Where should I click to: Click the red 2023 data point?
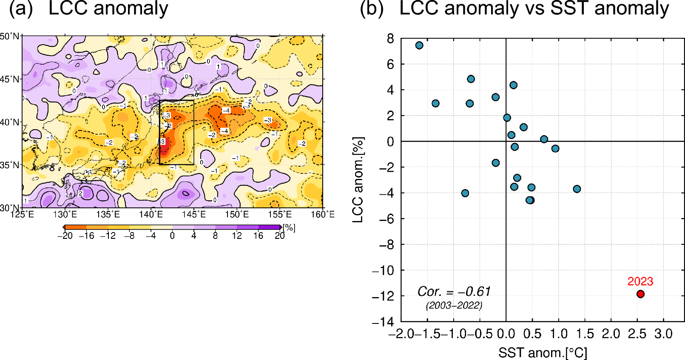pos(640,294)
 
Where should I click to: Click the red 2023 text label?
pos(640,281)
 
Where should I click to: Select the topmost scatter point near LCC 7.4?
pos(419,45)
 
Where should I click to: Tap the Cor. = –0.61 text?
pos(454,292)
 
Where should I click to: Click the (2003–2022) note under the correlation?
pos(454,305)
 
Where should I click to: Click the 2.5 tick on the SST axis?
pos(637,334)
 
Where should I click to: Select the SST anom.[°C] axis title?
pos(543,353)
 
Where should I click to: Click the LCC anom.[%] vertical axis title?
pos(358,180)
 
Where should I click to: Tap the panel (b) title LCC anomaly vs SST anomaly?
pos(534,9)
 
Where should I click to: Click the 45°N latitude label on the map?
pos(10,79)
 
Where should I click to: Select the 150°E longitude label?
pos(237,214)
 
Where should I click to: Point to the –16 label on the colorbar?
pos(86,236)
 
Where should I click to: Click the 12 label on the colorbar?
pos(237,236)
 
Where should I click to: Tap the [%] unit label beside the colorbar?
pos(289,228)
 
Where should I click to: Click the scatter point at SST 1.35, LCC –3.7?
pos(577,189)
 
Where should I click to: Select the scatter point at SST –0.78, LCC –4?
pos(465,193)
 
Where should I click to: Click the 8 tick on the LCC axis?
pos(390,39)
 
